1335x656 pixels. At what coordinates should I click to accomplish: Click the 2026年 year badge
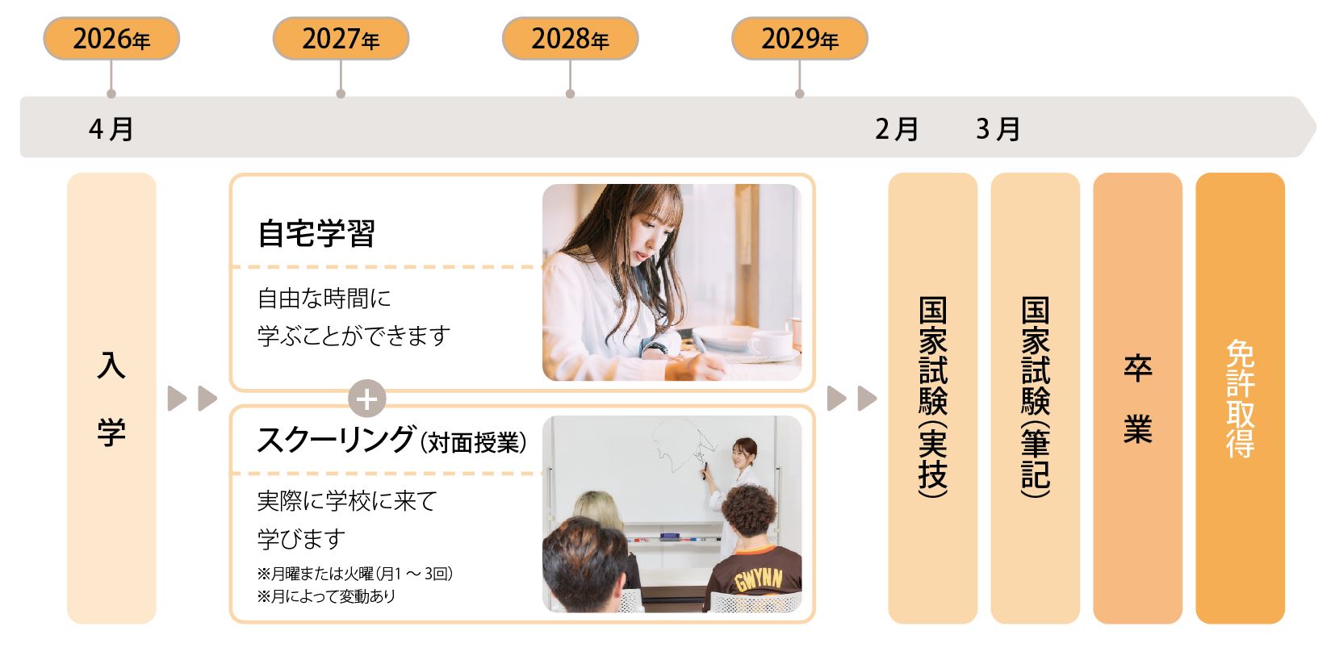111,39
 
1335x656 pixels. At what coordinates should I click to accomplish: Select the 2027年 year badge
341,39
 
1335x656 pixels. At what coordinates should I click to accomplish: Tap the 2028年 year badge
571,39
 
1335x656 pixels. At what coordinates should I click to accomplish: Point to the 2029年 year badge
800,39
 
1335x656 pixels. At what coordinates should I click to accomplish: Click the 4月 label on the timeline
111,129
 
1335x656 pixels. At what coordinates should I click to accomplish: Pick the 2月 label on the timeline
897,129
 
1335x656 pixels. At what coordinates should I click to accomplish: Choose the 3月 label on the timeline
998,129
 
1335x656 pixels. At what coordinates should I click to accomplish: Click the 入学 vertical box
111,398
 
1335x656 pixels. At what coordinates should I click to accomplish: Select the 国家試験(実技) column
933,398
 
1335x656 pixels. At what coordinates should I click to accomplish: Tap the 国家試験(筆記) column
1036,398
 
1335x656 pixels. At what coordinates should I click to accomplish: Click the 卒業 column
1138,398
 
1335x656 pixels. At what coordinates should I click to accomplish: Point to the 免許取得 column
1241,398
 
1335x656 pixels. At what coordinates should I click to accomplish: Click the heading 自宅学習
316,233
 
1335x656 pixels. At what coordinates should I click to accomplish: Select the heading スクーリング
335,441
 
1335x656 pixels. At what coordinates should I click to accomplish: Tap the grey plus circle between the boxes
367,399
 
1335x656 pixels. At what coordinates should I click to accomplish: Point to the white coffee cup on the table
771,344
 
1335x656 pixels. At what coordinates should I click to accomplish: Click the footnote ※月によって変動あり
326,596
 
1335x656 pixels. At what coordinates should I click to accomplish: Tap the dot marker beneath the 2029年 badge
800,94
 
